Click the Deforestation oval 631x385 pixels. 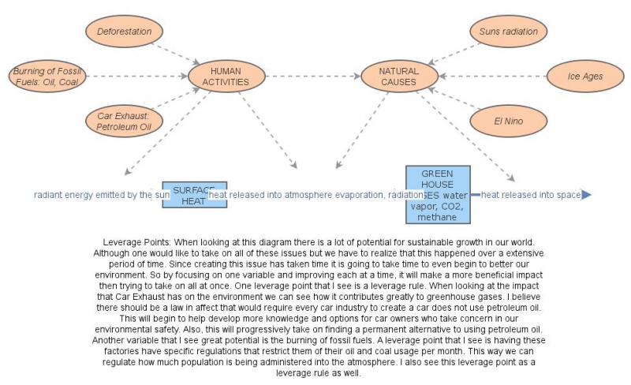tap(125, 32)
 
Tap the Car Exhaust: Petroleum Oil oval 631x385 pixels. tap(123, 120)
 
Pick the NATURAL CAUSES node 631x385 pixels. tap(398, 77)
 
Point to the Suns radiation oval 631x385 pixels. tap(509, 32)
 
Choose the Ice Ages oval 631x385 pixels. tap(584, 77)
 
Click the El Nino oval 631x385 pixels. tap(509, 121)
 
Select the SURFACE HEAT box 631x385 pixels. tap(194, 194)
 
